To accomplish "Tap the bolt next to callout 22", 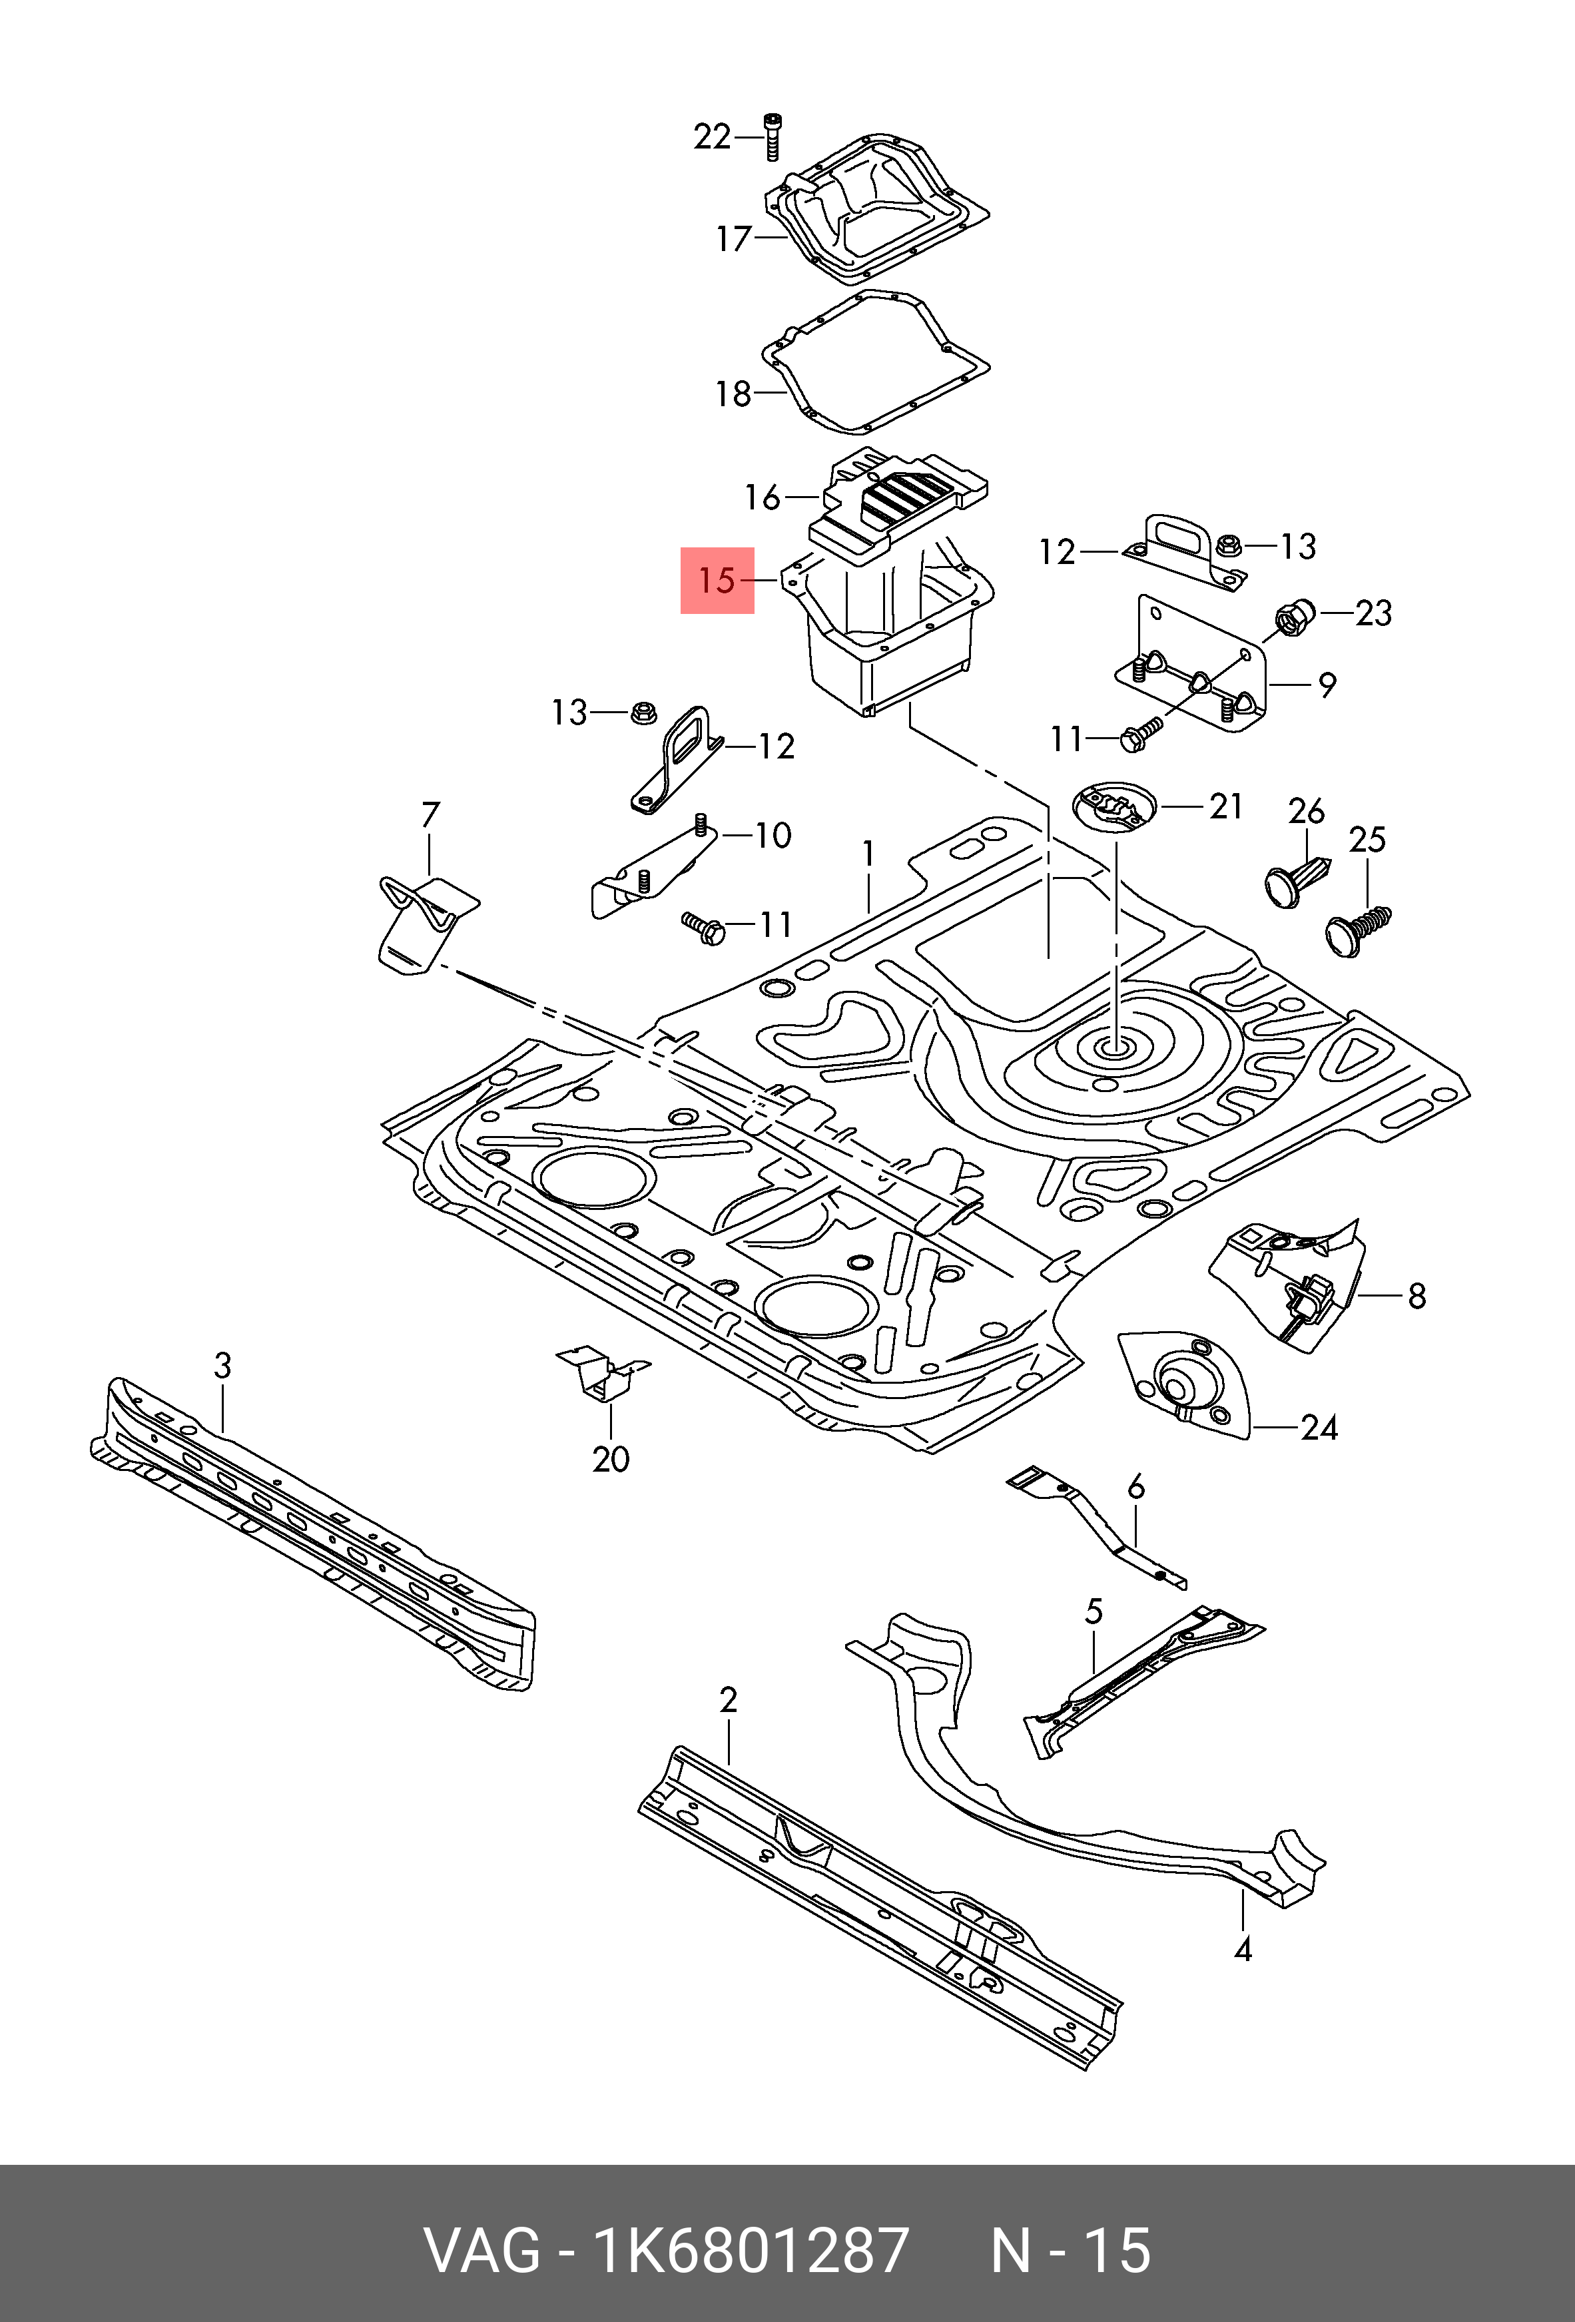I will point(771,137).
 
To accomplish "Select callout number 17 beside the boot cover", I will point(733,239).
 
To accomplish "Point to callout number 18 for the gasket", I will point(733,394).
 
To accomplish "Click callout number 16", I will point(763,497).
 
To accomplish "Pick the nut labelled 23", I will point(1296,619).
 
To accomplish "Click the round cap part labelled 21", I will point(1113,804).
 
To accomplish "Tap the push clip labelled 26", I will point(1295,879).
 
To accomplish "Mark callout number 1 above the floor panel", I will point(868,854).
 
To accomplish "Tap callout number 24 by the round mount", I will point(1319,1428).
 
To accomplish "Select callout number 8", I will point(1416,1296).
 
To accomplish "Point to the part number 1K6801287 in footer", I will point(751,2250).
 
